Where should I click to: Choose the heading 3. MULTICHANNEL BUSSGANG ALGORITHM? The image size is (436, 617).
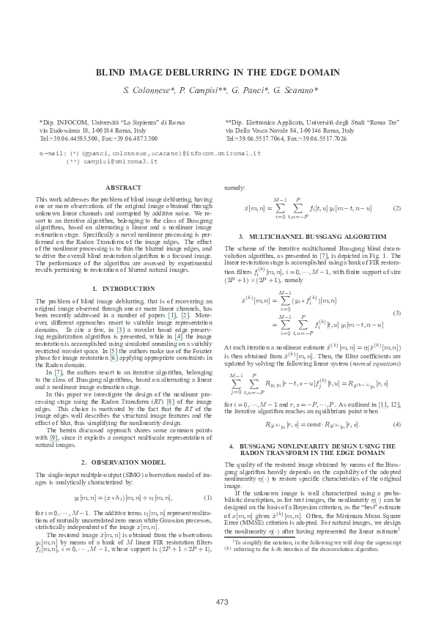click(313, 237)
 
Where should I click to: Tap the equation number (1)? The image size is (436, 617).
click(207, 498)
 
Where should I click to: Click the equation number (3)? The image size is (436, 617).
click(396, 313)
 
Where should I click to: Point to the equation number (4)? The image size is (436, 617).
click(396, 424)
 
